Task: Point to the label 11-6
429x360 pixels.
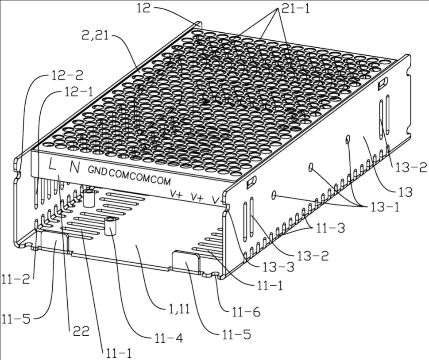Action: (245, 312)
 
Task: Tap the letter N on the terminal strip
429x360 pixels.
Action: (75, 168)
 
